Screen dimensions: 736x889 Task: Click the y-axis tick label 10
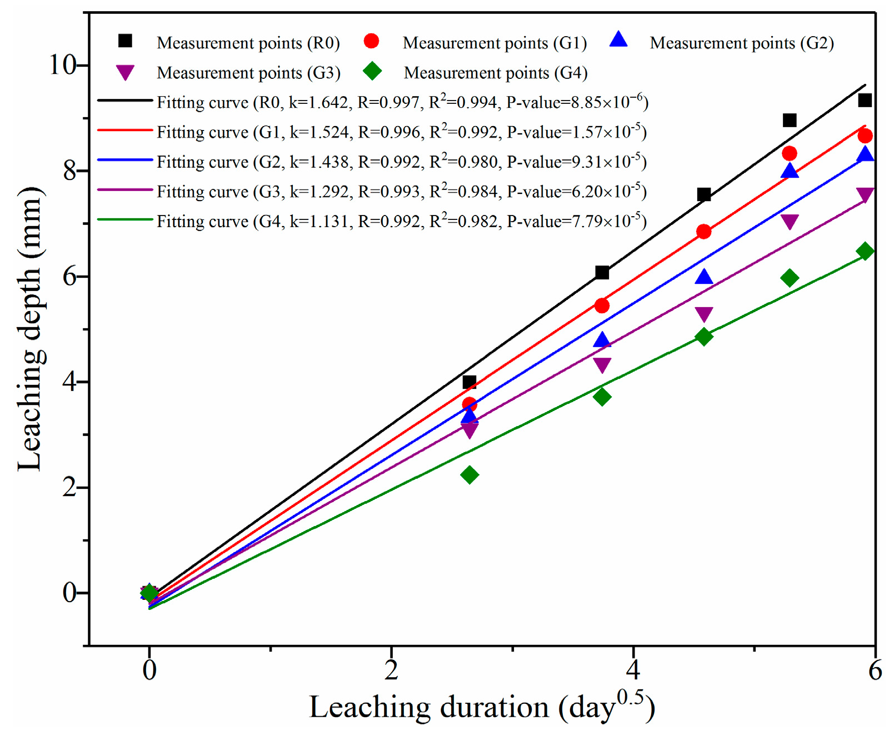63,65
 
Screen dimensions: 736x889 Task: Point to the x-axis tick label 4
633,670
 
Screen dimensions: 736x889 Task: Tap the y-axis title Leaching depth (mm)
30,329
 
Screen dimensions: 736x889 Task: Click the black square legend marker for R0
126,41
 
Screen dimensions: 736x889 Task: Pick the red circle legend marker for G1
371,41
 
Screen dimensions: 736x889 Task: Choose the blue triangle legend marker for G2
618,40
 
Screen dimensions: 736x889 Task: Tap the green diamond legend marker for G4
372,71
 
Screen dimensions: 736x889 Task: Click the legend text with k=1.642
402,102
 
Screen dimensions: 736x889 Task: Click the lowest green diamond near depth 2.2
470,475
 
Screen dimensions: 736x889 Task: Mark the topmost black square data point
865,101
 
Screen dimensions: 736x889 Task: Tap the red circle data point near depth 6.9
703,232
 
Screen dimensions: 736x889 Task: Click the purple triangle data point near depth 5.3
704,314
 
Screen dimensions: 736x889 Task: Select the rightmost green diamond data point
865,252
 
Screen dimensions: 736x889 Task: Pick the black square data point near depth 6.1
602,272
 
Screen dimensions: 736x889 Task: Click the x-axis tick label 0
149,670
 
